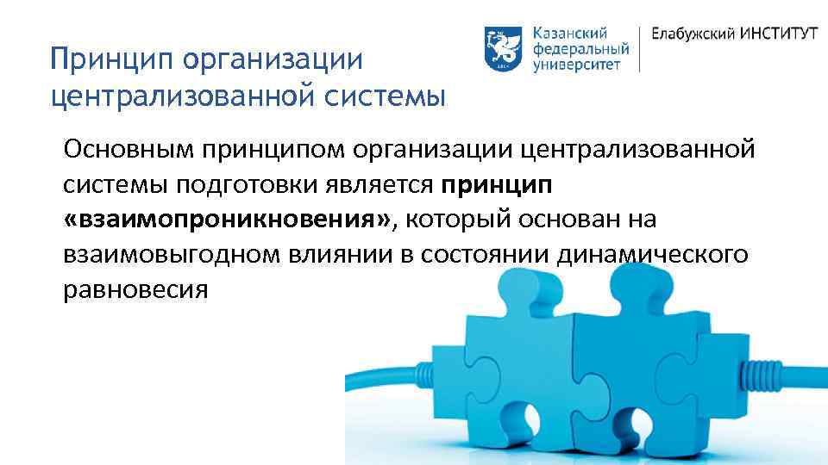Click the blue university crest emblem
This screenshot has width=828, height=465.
pos(499,48)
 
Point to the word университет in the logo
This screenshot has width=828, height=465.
pos(576,65)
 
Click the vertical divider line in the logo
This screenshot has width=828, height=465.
pos(639,48)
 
